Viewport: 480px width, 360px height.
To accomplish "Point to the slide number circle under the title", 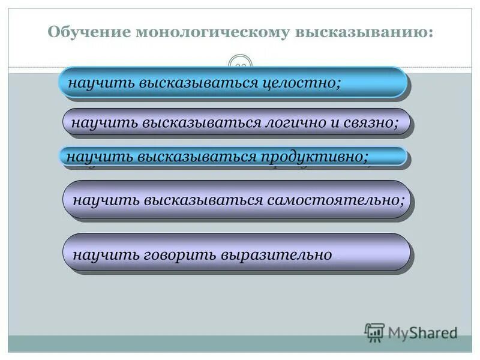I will tap(241, 65).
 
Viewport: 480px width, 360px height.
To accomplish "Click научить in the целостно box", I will tap(101, 82).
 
